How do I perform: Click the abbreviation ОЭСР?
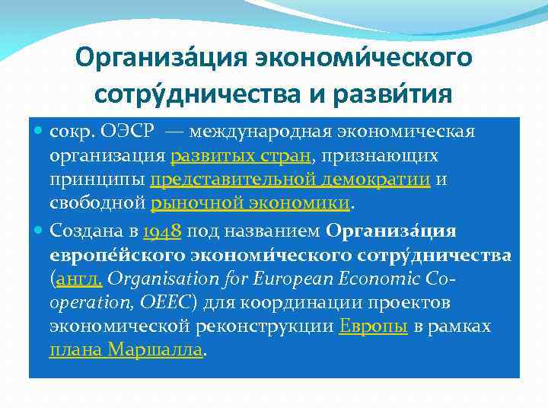coord(128,132)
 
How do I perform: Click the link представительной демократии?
coord(290,180)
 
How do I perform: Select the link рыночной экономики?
coord(250,203)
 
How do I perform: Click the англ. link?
coord(78,279)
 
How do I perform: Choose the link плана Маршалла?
coord(126,350)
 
